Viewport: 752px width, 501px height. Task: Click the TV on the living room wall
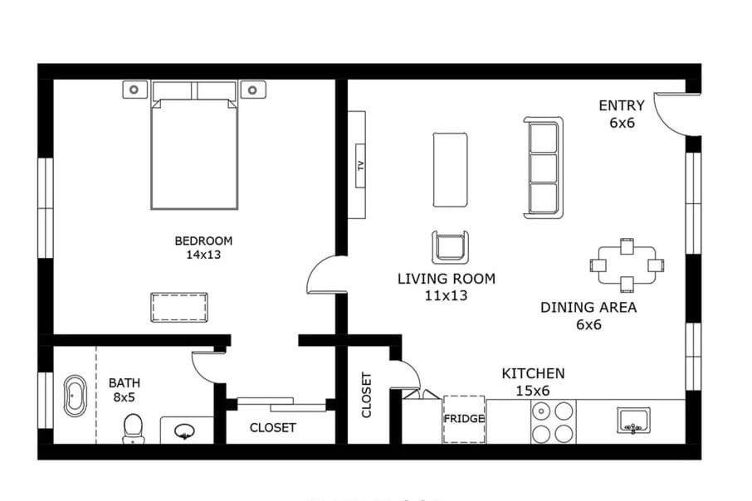point(357,164)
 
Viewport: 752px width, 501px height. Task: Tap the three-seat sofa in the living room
point(544,168)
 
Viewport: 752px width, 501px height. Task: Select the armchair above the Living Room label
point(450,247)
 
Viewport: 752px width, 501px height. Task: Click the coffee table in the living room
point(450,169)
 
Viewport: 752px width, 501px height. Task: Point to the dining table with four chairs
point(627,265)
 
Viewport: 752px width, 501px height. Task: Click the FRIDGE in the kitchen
point(463,419)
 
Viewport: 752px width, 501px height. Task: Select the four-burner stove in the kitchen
point(553,421)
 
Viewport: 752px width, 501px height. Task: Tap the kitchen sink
point(633,421)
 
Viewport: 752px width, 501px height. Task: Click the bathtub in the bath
point(75,397)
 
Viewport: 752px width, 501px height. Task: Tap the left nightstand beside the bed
point(135,89)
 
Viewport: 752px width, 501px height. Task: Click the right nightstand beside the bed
point(253,89)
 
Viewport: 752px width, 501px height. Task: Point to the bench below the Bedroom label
point(178,307)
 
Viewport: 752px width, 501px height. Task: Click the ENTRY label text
point(622,105)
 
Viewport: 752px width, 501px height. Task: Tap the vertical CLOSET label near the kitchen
point(367,394)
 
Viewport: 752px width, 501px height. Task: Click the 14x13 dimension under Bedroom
point(203,255)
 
